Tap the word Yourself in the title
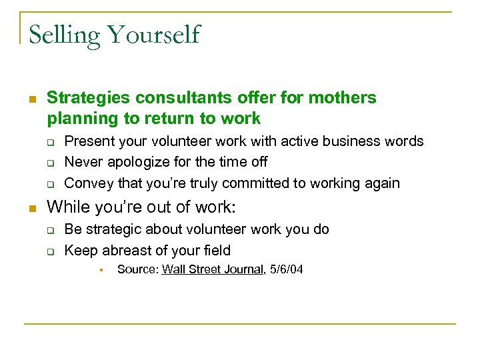pyautogui.click(x=157, y=35)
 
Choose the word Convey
pyautogui.click(x=87, y=183)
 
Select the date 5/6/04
pyautogui.click(x=285, y=270)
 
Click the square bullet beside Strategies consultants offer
pyautogui.click(x=31, y=99)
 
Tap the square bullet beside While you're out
pyautogui.click(x=31, y=207)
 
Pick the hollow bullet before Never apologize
pyautogui.click(x=49, y=163)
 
